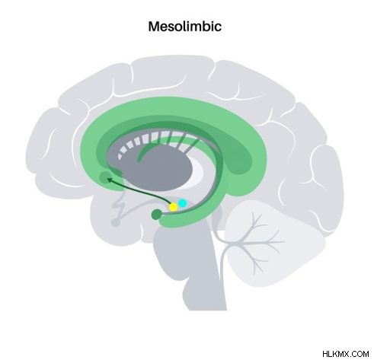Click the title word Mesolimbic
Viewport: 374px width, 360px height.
[x=185, y=27]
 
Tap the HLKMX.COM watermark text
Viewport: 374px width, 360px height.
[x=346, y=354]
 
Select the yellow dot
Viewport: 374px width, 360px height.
[x=174, y=207]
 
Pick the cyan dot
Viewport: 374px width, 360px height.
[x=182, y=203]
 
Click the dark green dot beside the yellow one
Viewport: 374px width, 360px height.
[x=156, y=215]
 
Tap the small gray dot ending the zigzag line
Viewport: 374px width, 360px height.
[x=115, y=222]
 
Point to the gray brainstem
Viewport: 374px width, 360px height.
[x=193, y=269]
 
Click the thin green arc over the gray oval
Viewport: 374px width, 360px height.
[x=162, y=147]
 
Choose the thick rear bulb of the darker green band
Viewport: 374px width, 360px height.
[x=238, y=158]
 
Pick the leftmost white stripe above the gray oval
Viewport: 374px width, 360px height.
[x=120, y=157]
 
